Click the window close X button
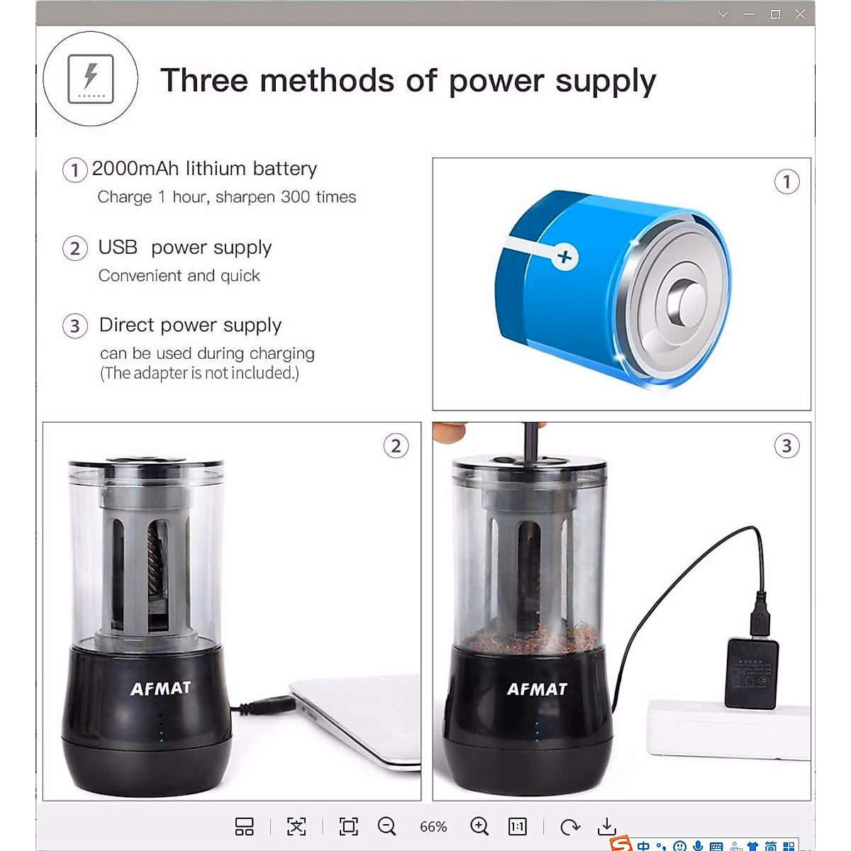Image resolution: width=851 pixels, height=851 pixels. click(x=800, y=14)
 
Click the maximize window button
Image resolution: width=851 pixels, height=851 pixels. click(x=776, y=14)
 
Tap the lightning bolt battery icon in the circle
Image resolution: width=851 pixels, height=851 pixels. click(x=91, y=79)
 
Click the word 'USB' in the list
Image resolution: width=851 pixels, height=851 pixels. click(x=118, y=247)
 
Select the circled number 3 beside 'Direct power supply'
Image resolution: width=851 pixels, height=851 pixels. click(x=75, y=326)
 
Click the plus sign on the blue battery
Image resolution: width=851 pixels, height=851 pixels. click(x=564, y=257)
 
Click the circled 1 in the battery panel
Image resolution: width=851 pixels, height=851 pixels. click(x=786, y=182)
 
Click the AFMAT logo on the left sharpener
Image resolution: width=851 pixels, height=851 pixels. click(x=161, y=688)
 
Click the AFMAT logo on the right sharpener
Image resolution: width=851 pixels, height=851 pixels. click(x=537, y=689)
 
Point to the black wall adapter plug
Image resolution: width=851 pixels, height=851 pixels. click(x=751, y=672)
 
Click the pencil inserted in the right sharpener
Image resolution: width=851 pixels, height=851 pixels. click(x=530, y=443)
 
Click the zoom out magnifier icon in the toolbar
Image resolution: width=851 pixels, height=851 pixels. click(x=386, y=826)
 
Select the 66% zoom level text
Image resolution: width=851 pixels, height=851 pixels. click(x=433, y=827)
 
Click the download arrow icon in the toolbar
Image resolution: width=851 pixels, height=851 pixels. click(x=607, y=826)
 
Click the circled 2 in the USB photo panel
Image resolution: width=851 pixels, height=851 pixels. click(x=396, y=446)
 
